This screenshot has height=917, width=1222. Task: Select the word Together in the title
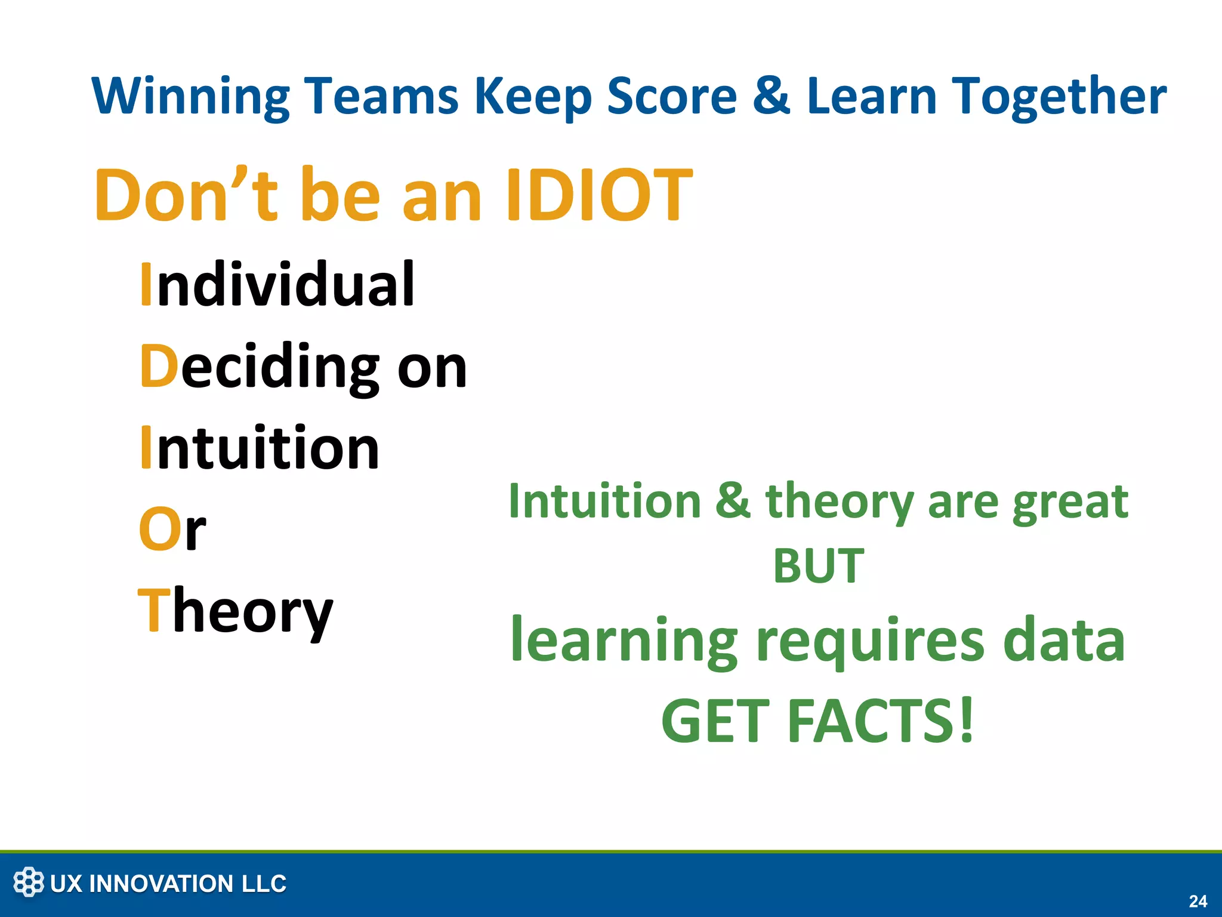pos(1058,97)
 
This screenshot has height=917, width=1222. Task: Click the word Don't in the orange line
pos(186,195)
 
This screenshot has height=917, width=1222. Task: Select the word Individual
pos(277,285)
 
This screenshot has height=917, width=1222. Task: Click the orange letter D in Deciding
pos(159,367)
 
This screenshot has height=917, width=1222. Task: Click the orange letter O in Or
pos(159,530)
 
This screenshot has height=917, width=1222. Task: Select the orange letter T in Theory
pos(154,610)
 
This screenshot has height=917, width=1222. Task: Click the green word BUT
pos(818,565)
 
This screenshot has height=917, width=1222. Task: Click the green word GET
pos(715,721)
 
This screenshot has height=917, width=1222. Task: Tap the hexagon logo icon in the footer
pos(29,882)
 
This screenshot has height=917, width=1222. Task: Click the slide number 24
pos(1198,901)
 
